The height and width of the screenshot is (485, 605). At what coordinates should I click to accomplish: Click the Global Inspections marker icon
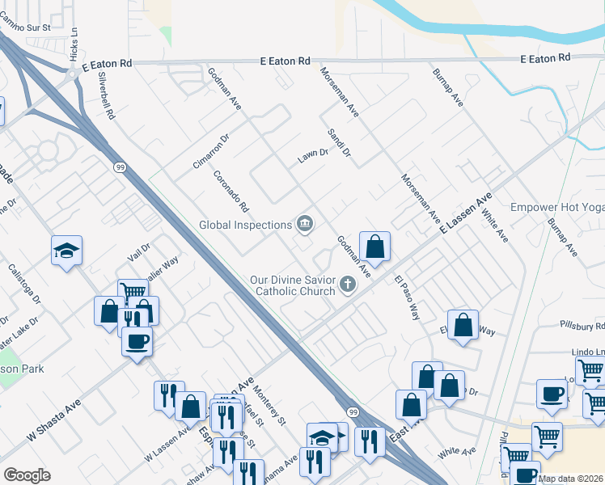(x=305, y=224)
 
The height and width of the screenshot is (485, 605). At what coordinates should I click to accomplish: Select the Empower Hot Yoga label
(x=557, y=207)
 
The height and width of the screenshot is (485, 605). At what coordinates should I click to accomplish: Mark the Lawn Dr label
(x=312, y=153)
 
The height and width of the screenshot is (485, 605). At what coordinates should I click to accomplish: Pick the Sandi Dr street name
(x=339, y=142)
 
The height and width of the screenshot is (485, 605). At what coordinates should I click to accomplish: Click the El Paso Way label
(x=408, y=298)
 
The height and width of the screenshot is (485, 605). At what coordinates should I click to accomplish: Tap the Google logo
(x=27, y=475)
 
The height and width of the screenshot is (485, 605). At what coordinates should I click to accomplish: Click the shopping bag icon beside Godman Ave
(x=375, y=246)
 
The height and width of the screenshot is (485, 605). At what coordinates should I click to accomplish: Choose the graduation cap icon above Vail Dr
(x=66, y=250)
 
